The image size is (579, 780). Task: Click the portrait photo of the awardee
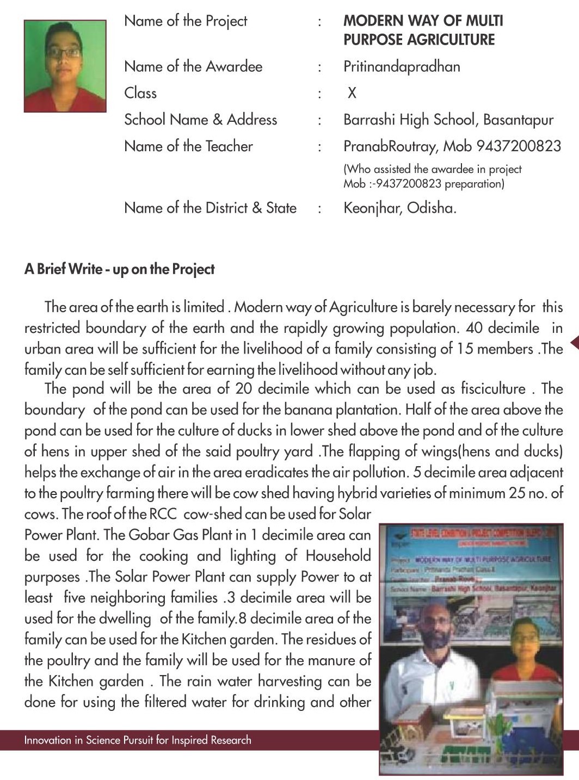65,66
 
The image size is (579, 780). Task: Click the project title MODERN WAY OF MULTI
423,21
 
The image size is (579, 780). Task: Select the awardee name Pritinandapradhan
402,67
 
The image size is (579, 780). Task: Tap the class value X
352,94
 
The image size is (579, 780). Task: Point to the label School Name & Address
200,120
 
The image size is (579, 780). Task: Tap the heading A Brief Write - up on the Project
119,269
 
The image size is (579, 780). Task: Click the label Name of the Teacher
188,146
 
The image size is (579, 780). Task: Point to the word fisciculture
493,389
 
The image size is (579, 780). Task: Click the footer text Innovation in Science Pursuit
137,740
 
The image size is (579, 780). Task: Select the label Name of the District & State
210,208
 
